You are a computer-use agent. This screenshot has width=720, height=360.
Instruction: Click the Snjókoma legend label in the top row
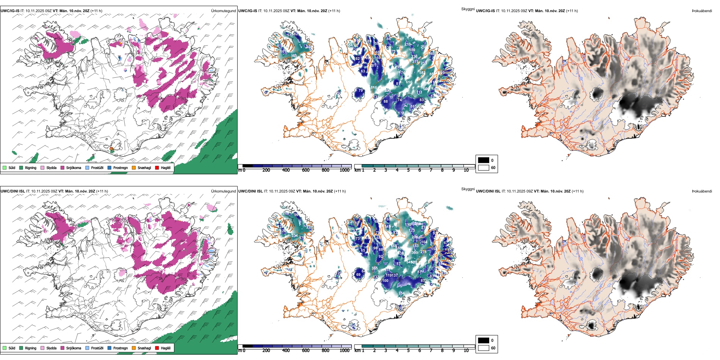74,168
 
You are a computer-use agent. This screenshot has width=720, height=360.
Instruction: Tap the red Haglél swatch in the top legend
157,168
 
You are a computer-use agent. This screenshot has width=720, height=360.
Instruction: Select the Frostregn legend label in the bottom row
121,348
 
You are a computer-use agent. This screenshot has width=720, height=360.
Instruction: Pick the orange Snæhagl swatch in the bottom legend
134,348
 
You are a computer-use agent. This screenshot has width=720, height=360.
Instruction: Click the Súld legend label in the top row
12,168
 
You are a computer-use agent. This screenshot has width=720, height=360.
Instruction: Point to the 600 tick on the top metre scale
305,170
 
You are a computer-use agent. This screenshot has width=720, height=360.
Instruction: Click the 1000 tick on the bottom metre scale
344,351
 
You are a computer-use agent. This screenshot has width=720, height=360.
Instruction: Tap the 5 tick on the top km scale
408,170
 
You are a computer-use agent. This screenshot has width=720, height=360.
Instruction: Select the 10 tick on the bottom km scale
466,351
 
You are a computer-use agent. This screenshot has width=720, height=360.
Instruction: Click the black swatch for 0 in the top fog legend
484,160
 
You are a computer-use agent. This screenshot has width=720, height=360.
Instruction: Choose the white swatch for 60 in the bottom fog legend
484,348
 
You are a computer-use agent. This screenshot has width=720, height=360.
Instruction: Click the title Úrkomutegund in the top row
223,11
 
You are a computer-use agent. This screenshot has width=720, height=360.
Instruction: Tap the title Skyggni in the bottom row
468,189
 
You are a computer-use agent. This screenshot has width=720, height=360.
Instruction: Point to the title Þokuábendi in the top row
702,11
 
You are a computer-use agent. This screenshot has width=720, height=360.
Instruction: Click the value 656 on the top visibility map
409,82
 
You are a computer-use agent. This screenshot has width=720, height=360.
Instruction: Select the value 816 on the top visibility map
374,88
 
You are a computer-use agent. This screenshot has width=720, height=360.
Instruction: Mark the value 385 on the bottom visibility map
374,268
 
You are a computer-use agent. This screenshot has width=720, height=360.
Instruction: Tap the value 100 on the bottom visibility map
385,281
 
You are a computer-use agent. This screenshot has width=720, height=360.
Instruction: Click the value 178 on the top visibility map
401,113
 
